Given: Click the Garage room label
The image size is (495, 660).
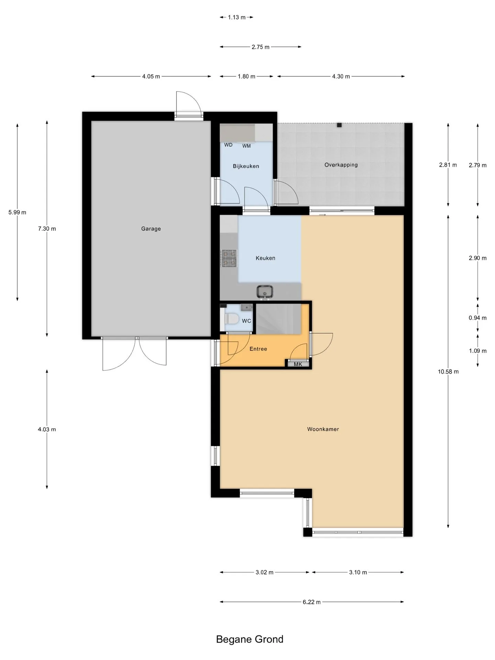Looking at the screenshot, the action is pyautogui.click(x=151, y=229).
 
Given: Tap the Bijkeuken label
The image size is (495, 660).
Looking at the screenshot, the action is pyautogui.click(x=246, y=166).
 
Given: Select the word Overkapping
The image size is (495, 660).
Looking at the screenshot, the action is pyautogui.click(x=341, y=165).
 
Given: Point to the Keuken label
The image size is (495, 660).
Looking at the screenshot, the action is pyautogui.click(x=265, y=258).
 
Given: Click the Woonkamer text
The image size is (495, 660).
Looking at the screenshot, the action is pyautogui.click(x=323, y=429).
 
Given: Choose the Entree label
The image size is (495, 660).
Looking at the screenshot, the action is pyautogui.click(x=258, y=349).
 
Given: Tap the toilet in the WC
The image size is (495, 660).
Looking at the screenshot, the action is pyautogui.click(x=231, y=319).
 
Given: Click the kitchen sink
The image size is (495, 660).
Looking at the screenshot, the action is pyautogui.click(x=265, y=292).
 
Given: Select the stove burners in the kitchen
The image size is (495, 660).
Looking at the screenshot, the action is pyautogui.click(x=229, y=258).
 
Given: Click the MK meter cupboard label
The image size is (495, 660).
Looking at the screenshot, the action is pyautogui.click(x=298, y=364).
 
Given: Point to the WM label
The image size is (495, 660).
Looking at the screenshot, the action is pyautogui.click(x=246, y=146).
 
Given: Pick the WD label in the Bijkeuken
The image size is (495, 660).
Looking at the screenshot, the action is pyautogui.click(x=228, y=145).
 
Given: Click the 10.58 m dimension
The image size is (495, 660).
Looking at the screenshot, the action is pyautogui.click(x=448, y=372).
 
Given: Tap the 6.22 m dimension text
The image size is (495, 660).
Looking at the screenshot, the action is pyautogui.click(x=312, y=602).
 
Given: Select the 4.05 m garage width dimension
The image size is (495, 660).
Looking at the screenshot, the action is pyautogui.click(x=151, y=76).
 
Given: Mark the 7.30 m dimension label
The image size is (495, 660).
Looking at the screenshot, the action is pyautogui.click(x=47, y=229).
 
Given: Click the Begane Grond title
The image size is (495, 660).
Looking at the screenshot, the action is pyautogui.click(x=250, y=639).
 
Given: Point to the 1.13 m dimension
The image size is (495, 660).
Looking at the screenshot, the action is pyautogui.click(x=237, y=17).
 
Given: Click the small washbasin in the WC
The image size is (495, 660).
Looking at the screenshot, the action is pyautogui.click(x=247, y=307).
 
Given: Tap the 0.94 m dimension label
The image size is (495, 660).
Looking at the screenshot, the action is pyautogui.click(x=478, y=318).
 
